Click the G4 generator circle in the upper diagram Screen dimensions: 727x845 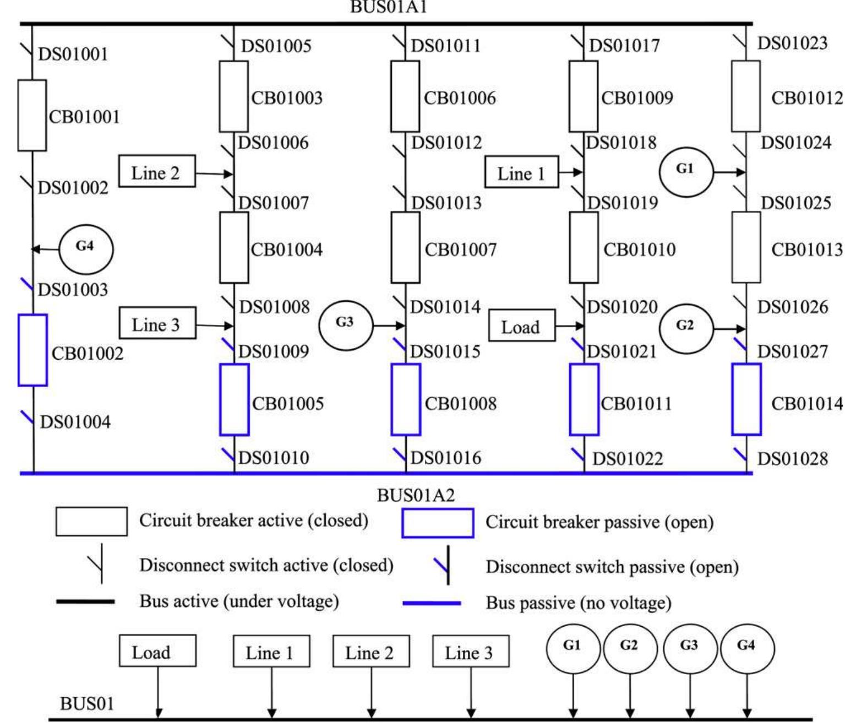click(x=85, y=248)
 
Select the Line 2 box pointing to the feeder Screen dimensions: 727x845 click(x=157, y=171)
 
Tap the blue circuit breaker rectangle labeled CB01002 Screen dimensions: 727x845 click(x=32, y=350)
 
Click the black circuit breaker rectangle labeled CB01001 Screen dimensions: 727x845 click(x=32, y=115)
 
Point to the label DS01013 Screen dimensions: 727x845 click(x=446, y=203)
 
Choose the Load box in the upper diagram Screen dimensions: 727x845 click(x=521, y=326)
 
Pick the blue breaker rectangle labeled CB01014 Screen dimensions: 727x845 click(x=746, y=399)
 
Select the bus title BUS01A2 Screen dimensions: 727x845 click(x=416, y=495)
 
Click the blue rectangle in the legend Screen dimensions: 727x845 click(x=438, y=523)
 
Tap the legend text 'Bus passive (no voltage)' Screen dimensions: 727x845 click(x=578, y=603)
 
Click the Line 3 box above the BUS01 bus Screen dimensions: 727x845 click(x=470, y=651)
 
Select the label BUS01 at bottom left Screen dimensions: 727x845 click(x=86, y=703)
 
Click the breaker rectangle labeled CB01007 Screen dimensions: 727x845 click(x=406, y=247)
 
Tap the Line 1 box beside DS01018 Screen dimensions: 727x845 click(x=521, y=172)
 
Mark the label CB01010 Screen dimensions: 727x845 click(x=639, y=249)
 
